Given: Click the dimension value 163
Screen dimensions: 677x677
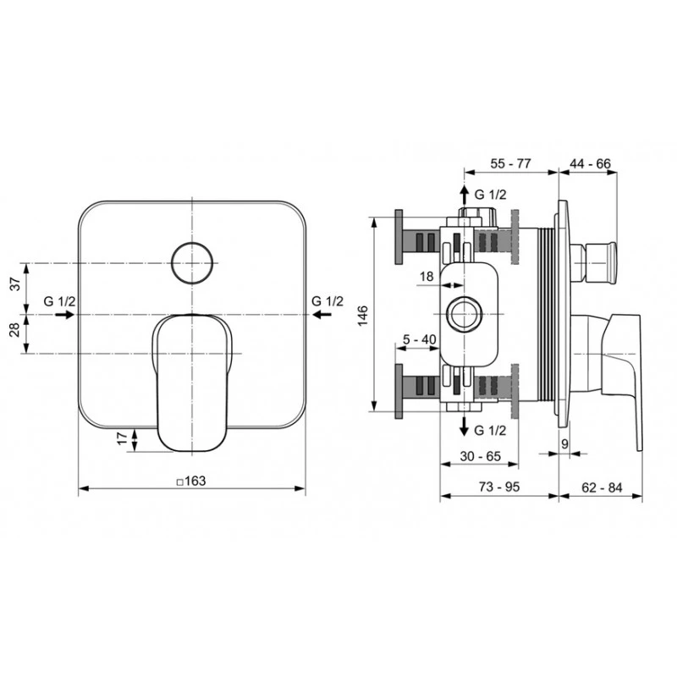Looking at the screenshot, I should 194,481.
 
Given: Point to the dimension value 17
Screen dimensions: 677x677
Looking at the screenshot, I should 121,438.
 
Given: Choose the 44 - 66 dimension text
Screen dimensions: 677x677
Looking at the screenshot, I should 590,163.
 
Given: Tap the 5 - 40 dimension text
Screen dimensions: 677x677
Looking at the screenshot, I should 420,339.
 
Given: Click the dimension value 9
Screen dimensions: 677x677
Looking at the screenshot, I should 564,442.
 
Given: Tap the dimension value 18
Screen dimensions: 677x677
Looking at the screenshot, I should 426,276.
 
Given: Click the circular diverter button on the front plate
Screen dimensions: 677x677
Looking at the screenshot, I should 190,263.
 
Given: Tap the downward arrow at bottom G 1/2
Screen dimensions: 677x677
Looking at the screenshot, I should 463,423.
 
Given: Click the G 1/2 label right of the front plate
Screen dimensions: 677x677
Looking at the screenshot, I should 327,300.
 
